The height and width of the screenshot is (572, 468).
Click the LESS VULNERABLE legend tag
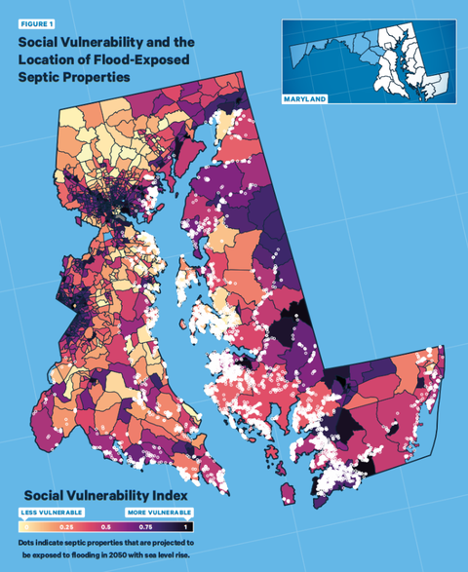coord(51,511)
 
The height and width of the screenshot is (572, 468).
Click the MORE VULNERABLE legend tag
coord(159,511)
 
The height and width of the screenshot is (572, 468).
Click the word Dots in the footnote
coord(27,542)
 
